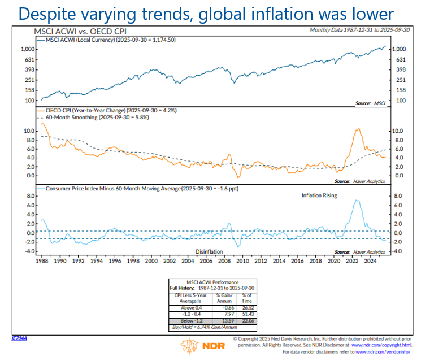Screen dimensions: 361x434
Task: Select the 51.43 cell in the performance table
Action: point(246,314)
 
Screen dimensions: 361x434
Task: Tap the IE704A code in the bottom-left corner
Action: point(19,338)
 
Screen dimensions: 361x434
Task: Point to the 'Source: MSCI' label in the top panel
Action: point(371,103)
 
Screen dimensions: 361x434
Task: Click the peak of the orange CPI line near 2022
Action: point(357,129)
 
